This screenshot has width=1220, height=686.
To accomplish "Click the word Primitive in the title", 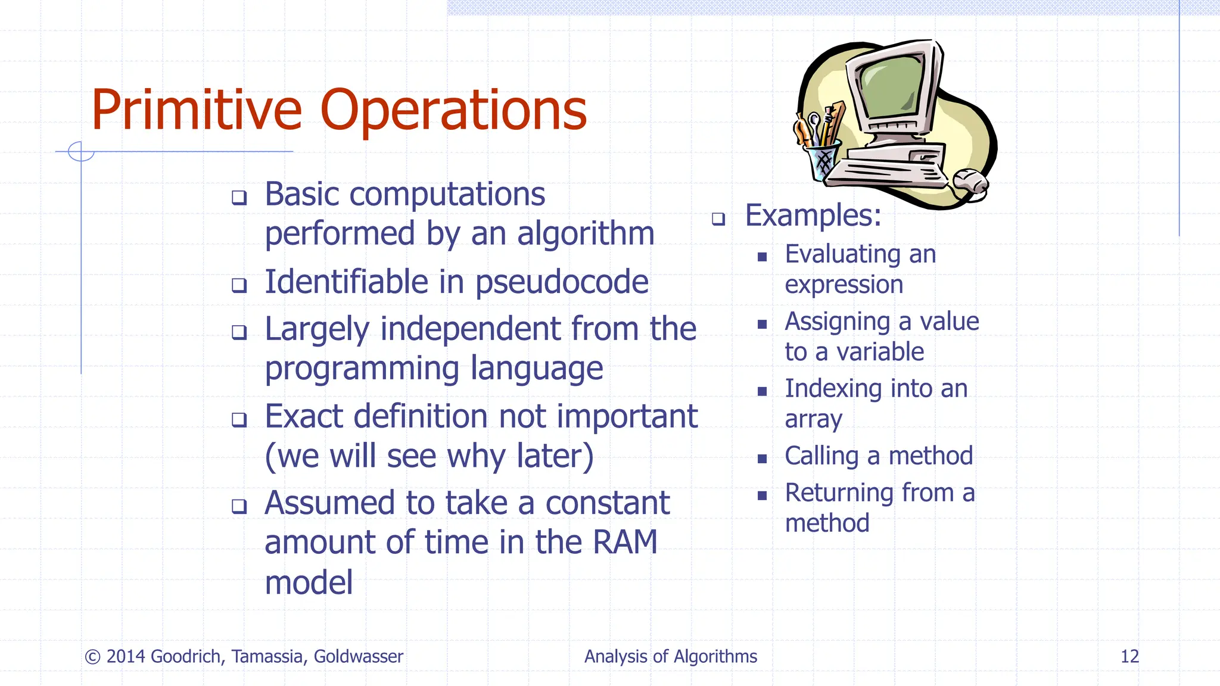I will pos(197,110).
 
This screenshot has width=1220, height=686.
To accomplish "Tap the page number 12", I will pos(1129,656).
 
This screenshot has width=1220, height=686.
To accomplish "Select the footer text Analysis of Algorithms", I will pos(670,656).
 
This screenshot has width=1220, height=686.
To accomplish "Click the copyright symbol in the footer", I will pos(92,657).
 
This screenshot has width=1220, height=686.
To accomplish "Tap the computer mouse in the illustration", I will pos(971,182).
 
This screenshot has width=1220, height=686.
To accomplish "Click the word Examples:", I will pos(813,215).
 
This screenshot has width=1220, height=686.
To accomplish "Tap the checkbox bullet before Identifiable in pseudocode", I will pos(239,285).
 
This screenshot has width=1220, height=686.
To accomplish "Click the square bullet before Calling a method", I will pos(762,459).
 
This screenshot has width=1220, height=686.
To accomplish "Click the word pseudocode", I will pos(562,282).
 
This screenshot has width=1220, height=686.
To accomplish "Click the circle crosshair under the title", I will pos(81,151).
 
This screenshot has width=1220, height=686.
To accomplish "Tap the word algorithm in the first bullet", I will pos(585,233).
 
